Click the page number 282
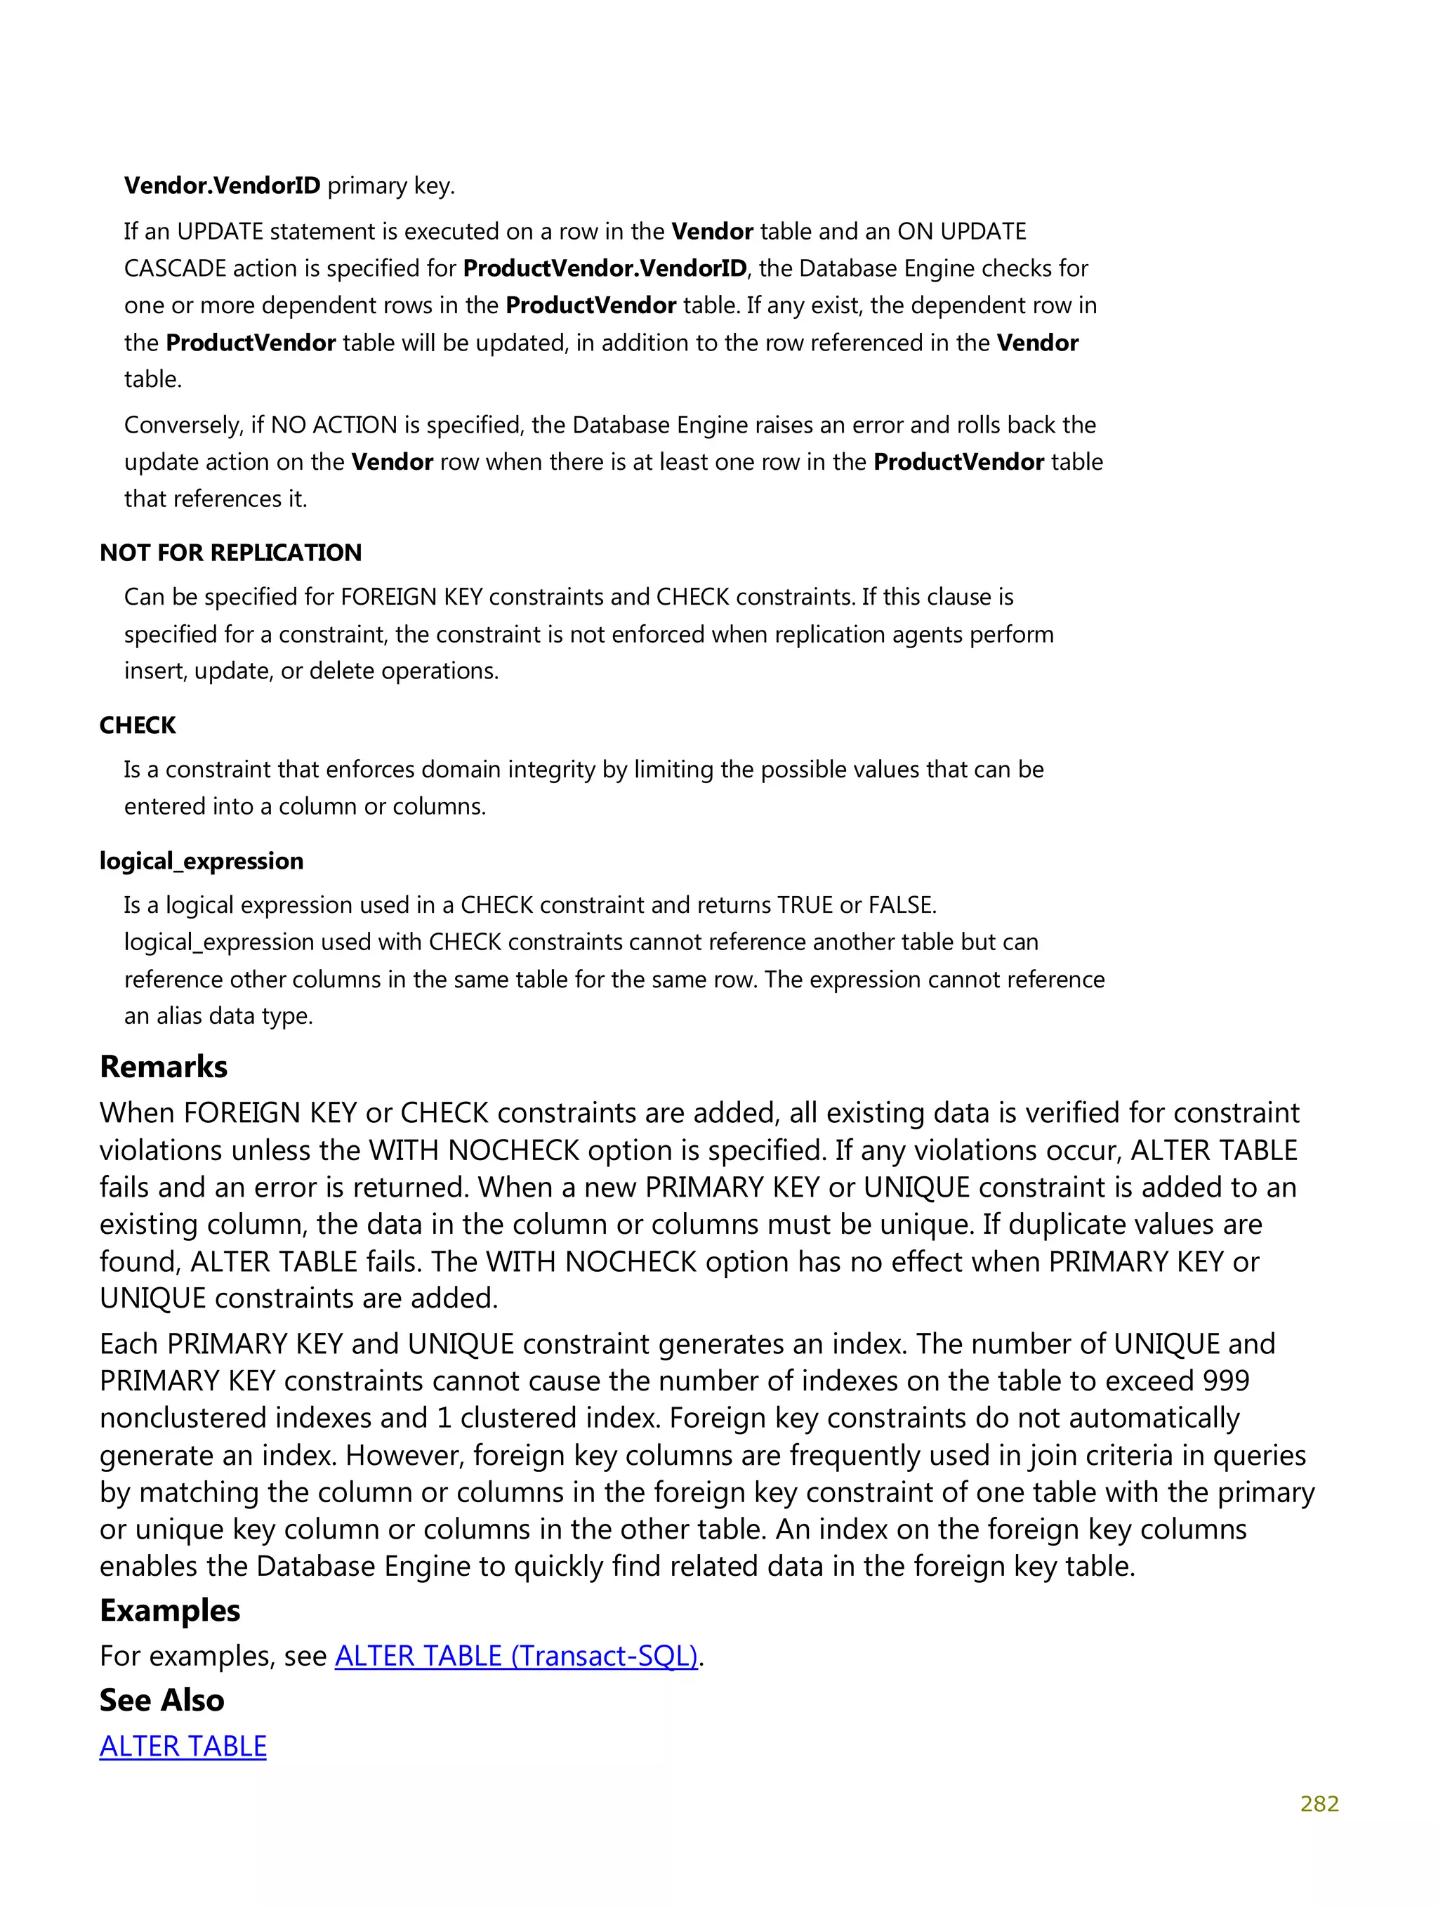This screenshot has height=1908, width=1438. tap(1318, 1803)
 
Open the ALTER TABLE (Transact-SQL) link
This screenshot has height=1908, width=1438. tap(516, 1656)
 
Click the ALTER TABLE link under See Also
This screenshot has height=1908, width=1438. tap(183, 1746)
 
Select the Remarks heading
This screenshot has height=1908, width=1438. tap(163, 1067)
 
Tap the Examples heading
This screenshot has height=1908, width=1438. tap(170, 1610)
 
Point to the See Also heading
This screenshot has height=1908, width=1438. tap(161, 1700)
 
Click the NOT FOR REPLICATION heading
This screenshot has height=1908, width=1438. tap(230, 553)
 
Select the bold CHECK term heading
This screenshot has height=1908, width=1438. tap(137, 725)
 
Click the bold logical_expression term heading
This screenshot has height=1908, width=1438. tap(201, 861)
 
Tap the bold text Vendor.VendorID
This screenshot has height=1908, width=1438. tap(222, 185)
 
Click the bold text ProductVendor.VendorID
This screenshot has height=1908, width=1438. tap(604, 268)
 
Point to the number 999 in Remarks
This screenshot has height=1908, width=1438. tap(1225, 1381)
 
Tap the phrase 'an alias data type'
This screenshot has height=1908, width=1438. tap(218, 1016)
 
